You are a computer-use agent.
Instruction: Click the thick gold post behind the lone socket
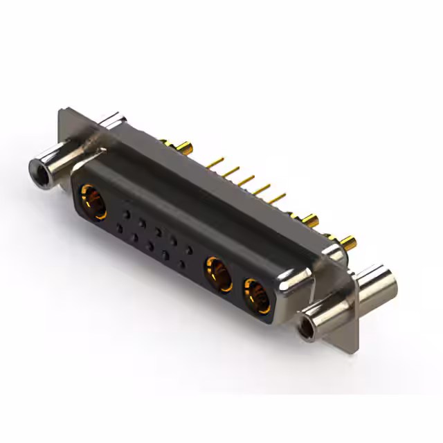(x=185, y=147)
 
